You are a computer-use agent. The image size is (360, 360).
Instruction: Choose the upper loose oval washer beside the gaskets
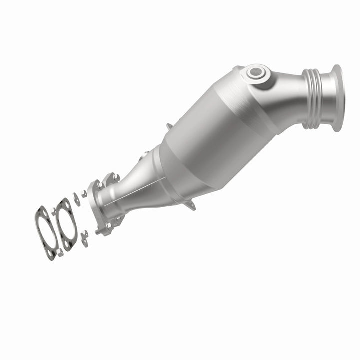click(77, 199)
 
